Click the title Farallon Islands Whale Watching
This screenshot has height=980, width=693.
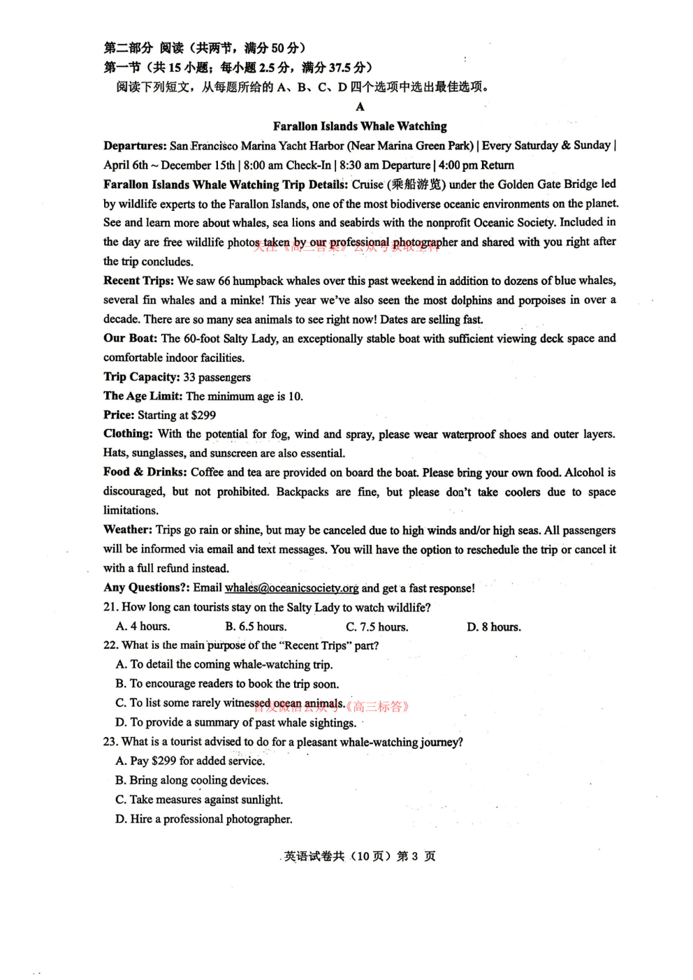pos(360,126)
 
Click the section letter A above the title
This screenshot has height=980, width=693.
pos(360,107)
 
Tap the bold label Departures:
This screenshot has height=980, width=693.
pos(135,146)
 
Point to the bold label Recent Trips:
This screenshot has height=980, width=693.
pos(138,281)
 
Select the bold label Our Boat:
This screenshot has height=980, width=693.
pos(131,338)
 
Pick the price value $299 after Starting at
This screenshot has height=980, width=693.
pos(203,415)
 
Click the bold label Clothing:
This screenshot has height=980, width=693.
pos(128,434)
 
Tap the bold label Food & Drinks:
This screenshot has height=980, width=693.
pos(145,472)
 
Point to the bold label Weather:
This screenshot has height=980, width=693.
pos(128,529)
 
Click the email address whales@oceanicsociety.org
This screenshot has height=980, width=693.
pos(291,588)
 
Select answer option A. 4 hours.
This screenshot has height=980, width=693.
pos(143,627)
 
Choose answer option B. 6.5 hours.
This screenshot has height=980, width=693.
pos(256,627)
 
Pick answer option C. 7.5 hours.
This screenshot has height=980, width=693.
pos(377,627)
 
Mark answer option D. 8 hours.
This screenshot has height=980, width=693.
pos(494,627)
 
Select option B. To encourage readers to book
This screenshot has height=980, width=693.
pos(227,684)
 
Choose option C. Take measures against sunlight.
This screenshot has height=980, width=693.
pos(199,800)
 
